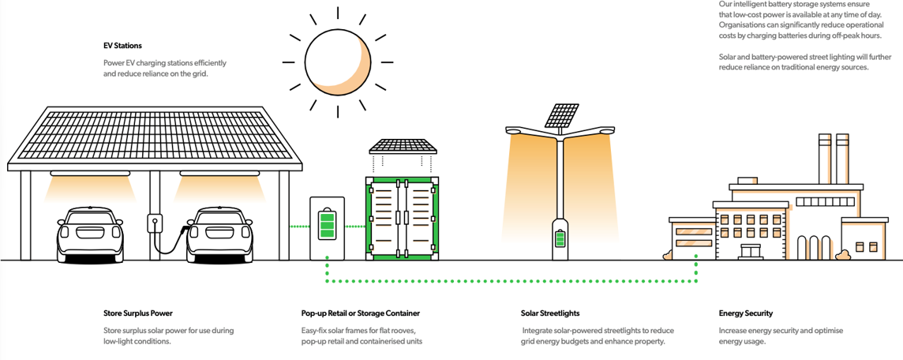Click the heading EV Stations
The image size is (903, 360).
click(122, 46)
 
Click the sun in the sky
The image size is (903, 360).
click(337, 61)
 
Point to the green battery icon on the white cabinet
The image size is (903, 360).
click(326, 225)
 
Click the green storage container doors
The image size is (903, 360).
click(403, 217)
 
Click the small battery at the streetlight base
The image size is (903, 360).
click(560, 238)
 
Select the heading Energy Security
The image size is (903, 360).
click(746, 313)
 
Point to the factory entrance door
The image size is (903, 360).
click(751, 251)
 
